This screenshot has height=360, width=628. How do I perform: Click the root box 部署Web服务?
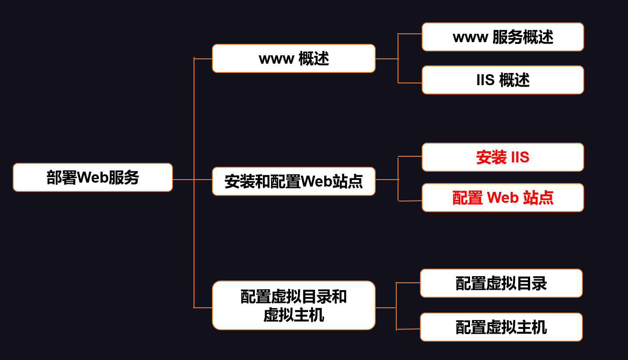(x=93, y=177)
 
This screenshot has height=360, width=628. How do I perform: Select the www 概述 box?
(x=294, y=58)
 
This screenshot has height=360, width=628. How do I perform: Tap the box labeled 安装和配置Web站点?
(x=294, y=181)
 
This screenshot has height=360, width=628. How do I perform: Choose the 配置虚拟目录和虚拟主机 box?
(x=294, y=305)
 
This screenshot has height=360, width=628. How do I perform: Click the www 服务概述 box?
(x=503, y=37)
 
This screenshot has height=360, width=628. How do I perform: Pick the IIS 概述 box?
(x=503, y=80)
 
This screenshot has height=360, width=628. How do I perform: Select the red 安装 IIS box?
(x=503, y=157)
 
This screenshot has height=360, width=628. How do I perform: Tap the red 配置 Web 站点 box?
(x=503, y=198)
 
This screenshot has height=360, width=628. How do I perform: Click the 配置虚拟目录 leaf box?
(x=501, y=283)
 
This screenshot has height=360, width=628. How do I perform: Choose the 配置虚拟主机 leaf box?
(x=501, y=327)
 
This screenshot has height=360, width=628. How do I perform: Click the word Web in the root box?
(x=93, y=177)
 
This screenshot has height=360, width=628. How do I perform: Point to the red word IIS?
(x=520, y=157)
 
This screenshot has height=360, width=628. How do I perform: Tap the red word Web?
(x=503, y=198)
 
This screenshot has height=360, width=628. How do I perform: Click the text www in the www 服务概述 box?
(x=470, y=38)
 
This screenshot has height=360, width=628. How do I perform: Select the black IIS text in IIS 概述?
(x=485, y=80)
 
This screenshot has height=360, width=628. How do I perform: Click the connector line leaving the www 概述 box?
(x=387, y=59)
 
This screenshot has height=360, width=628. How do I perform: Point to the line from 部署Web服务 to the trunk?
(x=183, y=180)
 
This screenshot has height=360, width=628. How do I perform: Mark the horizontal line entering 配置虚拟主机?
(x=408, y=329)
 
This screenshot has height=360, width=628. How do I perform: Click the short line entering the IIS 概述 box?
(x=410, y=83)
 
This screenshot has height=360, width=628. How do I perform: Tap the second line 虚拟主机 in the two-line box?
(x=294, y=315)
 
